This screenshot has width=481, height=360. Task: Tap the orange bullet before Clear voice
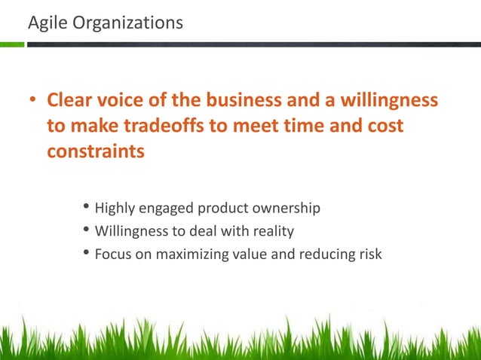tap(33, 101)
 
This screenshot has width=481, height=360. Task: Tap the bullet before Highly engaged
tap(85, 208)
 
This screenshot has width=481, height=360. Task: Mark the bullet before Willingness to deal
tap(85, 230)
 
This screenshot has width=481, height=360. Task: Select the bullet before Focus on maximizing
tap(85, 254)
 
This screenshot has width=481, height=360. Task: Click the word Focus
tap(114, 254)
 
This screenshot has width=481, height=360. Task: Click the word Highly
tap(115, 208)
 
